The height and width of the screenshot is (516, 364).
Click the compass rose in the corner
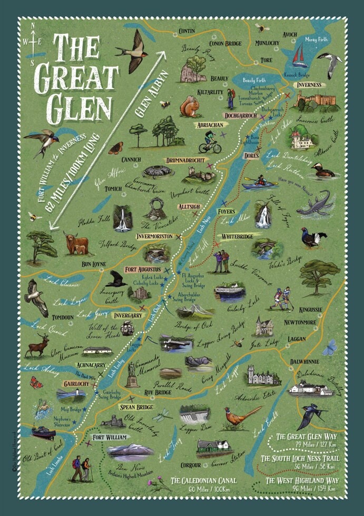tap(34, 39)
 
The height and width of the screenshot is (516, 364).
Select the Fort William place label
tap(110, 437)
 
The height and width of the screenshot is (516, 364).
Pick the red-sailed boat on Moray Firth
tap(300, 55)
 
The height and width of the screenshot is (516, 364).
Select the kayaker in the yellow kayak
tap(260, 182)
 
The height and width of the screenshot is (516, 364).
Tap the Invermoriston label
tap(154, 236)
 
